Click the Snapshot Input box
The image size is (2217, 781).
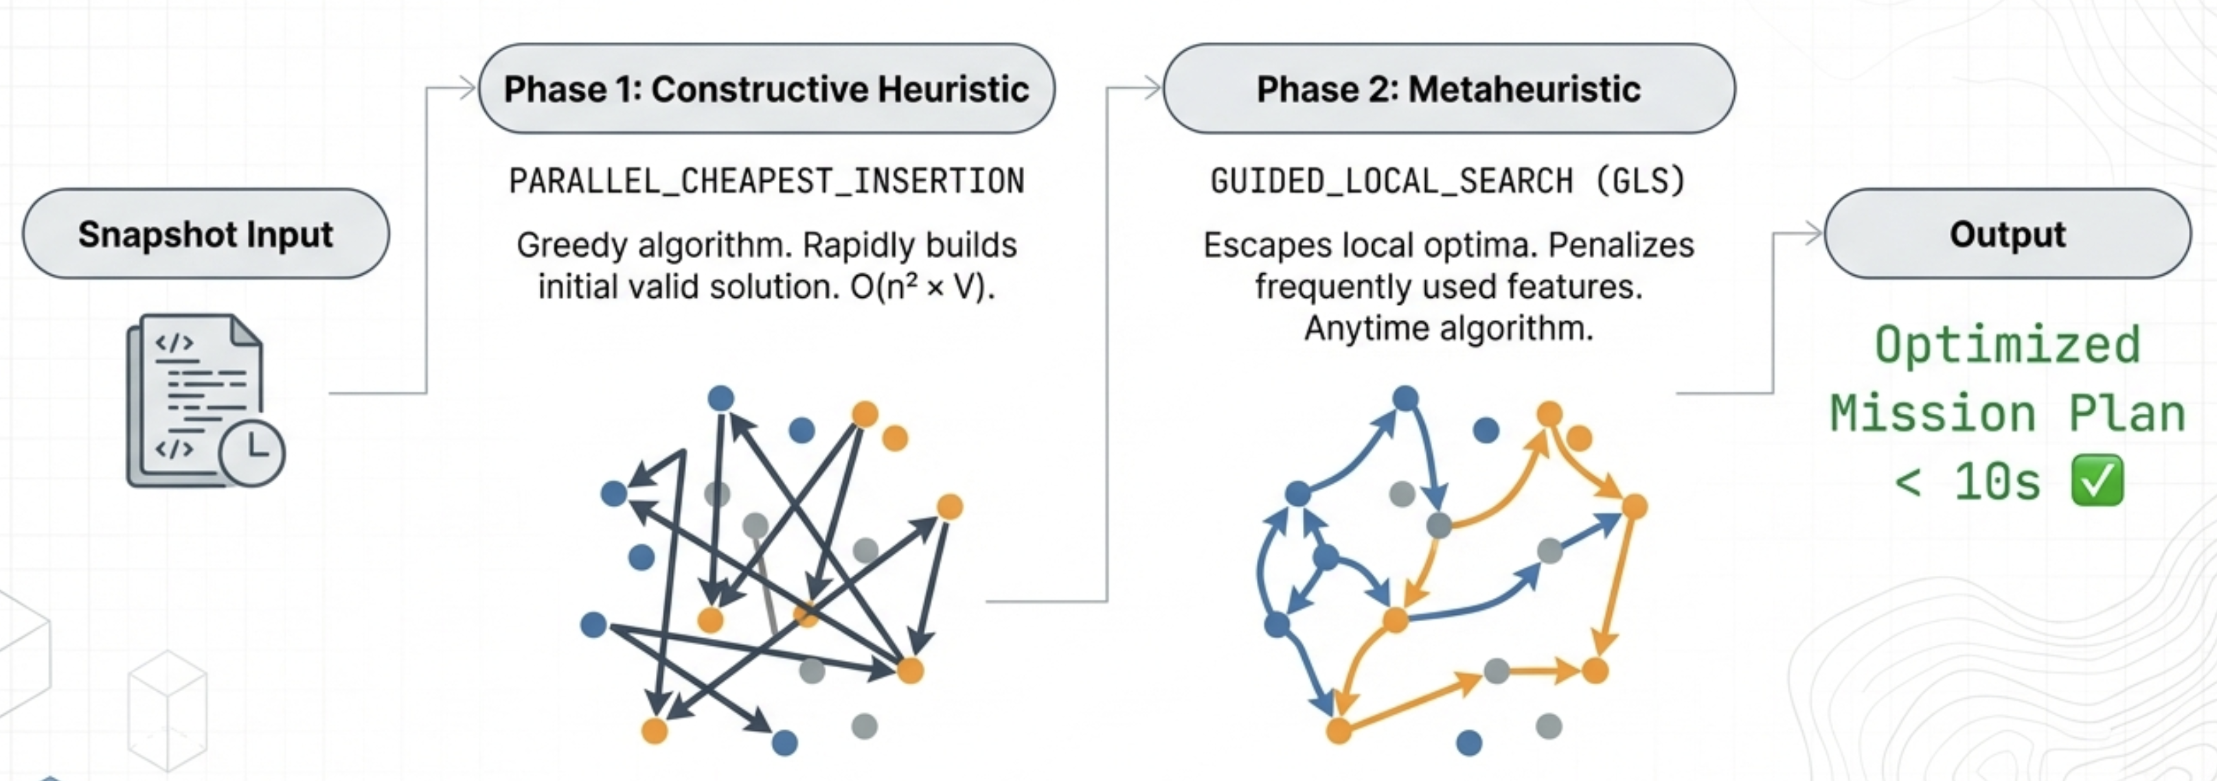click(205, 234)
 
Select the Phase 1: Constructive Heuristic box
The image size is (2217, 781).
click(766, 89)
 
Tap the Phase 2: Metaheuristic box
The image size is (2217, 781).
click(1448, 89)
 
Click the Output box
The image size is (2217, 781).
click(2007, 234)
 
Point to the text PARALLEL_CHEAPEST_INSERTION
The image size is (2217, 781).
click(766, 181)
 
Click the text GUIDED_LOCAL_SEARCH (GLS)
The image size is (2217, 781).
click(1448, 181)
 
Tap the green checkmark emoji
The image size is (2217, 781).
click(2097, 481)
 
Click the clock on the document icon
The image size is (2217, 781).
click(252, 452)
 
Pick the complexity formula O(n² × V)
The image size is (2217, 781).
click(922, 288)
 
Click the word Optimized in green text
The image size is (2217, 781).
click(2007, 346)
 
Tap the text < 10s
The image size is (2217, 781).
click(1966, 482)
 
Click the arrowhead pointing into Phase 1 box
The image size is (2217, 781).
click(467, 88)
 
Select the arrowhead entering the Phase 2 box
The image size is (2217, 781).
click(1152, 88)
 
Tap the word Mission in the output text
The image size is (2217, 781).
click(1932, 414)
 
